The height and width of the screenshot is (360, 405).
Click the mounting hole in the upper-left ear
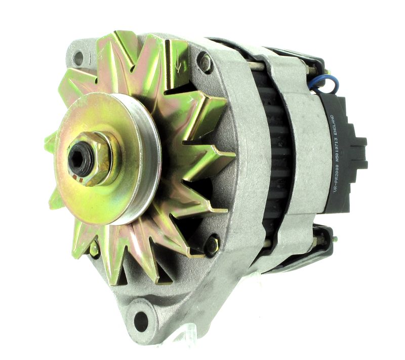pos(78,58)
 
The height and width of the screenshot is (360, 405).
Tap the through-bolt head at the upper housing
pos(206,63)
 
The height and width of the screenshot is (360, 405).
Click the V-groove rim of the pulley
pos(147,152)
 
